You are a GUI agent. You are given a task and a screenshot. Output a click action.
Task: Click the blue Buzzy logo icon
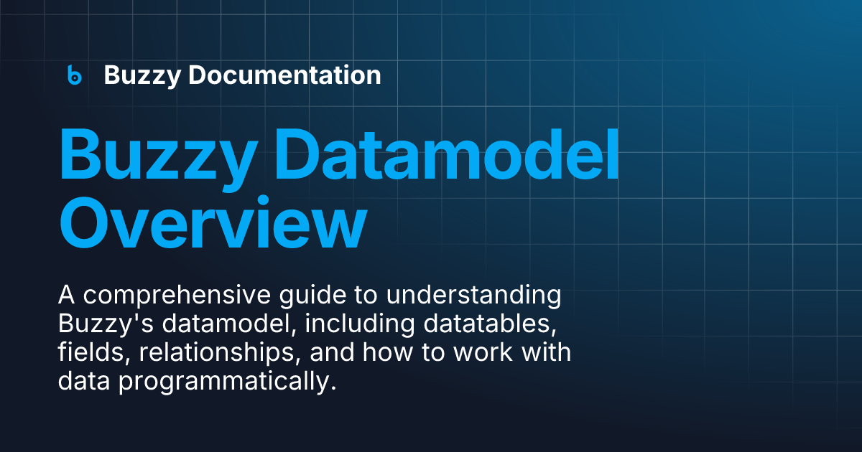pyautogui.click(x=75, y=75)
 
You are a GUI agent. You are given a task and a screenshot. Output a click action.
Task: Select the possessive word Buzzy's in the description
pyautogui.click(x=106, y=324)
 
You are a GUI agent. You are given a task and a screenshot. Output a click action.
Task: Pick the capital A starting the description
pyautogui.click(x=67, y=295)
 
